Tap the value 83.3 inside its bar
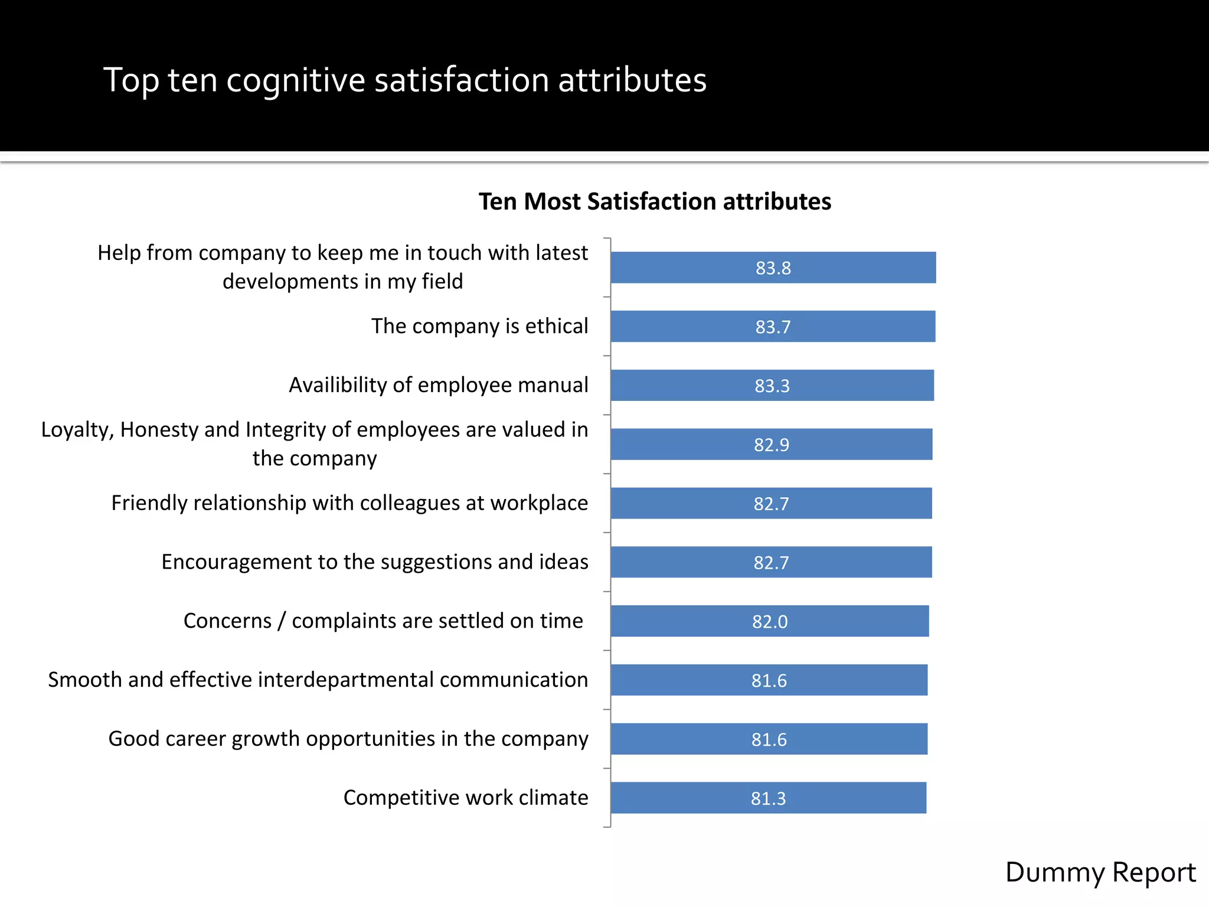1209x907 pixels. pos(772,386)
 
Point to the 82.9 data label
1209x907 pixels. pos(771,445)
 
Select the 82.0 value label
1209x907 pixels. pos(770,622)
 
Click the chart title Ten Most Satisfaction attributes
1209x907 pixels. pos(654,201)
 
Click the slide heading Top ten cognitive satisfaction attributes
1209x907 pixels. pos(405,80)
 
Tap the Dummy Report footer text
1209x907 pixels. pos(1100,872)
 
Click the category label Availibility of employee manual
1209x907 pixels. pos(438,385)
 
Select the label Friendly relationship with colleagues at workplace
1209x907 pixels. pos(349,503)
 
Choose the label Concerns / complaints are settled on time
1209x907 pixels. pos(383,621)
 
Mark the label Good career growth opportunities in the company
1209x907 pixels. pos(348,739)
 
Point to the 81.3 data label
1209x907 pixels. pos(768,798)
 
